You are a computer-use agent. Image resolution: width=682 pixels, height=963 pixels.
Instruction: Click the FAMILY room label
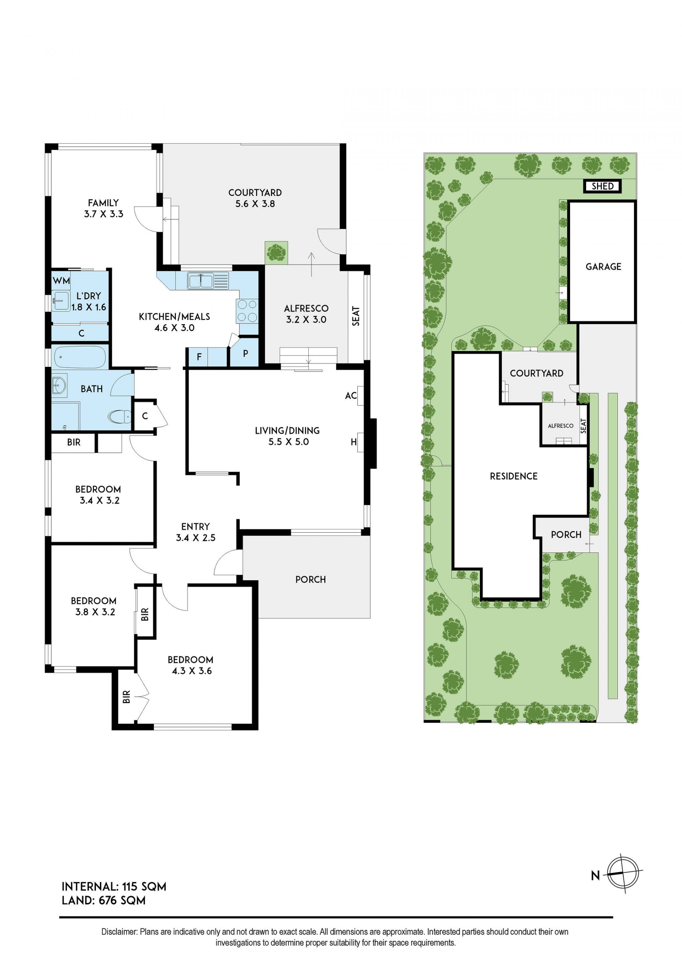pyautogui.click(x=103, y=203)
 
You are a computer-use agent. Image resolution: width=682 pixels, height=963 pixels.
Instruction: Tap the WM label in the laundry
pyautogui.click(x=61, y=280)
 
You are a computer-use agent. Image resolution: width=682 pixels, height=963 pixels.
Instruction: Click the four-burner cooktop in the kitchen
pyautogui.click(x=247, y=311)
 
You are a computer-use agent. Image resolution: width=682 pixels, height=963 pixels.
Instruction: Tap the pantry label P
pyautogui.click(x=245, y=354)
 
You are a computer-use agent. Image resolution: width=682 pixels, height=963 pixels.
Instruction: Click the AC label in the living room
pyautogui.click(x=351, y=395)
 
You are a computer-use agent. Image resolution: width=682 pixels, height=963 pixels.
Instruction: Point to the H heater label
pyautogui.click(x=353, y=442)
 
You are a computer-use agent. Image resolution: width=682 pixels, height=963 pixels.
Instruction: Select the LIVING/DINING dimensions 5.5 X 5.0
pyautogui.click(x=288, y=442)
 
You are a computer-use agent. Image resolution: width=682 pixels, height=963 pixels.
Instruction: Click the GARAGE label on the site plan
pyautogui.click(x=603, y=266)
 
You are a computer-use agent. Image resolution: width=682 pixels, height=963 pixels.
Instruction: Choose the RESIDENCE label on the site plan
pyautogui.click(x=514, y=476)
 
